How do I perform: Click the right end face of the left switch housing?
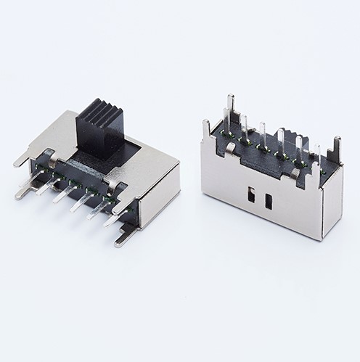click(x=160, y=196)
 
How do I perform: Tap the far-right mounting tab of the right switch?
click(x=335, y=152)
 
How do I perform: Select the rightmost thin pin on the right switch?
click(x=317, y=156)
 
